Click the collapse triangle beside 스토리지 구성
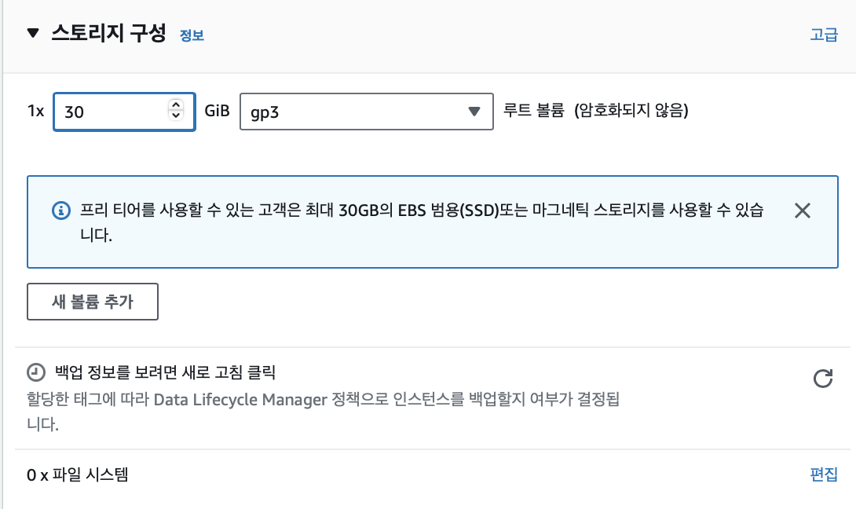(32, 34)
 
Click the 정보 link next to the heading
(192, 35)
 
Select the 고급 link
(824, 35)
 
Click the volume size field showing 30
(110, 112)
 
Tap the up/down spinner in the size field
(176, 111)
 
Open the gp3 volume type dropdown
(365, 112)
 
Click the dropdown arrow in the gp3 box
(474, 112)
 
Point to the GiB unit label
(217, 111)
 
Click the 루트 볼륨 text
(534, 111)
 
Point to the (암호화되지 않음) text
(631, 111)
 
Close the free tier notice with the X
(802, 211)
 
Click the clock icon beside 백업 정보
(36, 372)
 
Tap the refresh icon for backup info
(822, 379)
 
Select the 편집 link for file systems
(824, 474)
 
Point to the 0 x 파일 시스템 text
(77, 474)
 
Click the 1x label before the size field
(36, 111)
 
